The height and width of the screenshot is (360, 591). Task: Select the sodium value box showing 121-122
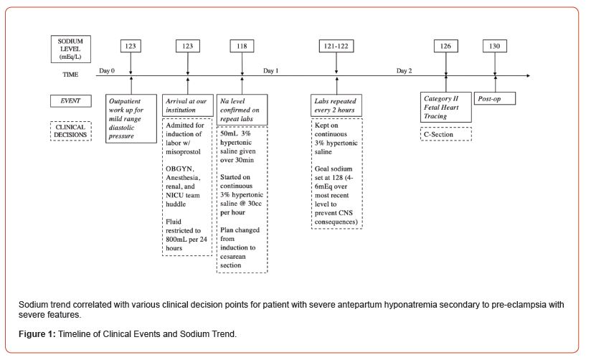point(336,46)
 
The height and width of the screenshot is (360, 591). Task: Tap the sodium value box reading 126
point(445,46)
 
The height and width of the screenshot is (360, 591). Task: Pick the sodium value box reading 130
point(495,46)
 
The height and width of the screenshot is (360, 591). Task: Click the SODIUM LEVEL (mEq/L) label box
point(70,48)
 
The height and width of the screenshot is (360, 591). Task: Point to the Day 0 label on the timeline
point(107,70)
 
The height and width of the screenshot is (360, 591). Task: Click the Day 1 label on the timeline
point(270,70)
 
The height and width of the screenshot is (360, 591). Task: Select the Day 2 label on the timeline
point(405,70)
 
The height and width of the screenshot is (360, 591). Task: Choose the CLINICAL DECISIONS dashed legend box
point(70,131)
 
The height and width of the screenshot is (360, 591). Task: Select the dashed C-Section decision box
point(445,133)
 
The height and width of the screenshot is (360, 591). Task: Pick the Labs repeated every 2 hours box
point(336,105)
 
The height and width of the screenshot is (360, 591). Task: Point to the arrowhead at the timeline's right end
point(527,75)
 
